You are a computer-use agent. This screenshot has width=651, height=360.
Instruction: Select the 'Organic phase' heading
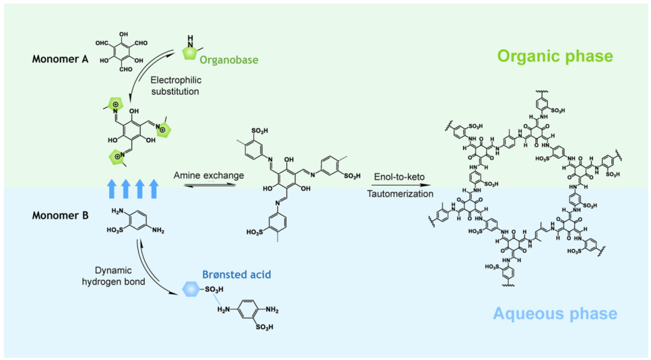(555, 57)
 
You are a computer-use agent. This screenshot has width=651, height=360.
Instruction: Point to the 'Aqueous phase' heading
(555, 314)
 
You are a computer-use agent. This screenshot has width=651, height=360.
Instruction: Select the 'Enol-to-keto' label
(400, 176)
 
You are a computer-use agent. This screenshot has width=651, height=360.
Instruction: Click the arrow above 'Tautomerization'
(400, 185)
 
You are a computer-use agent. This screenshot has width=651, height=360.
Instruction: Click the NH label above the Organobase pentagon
(189, 39)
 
